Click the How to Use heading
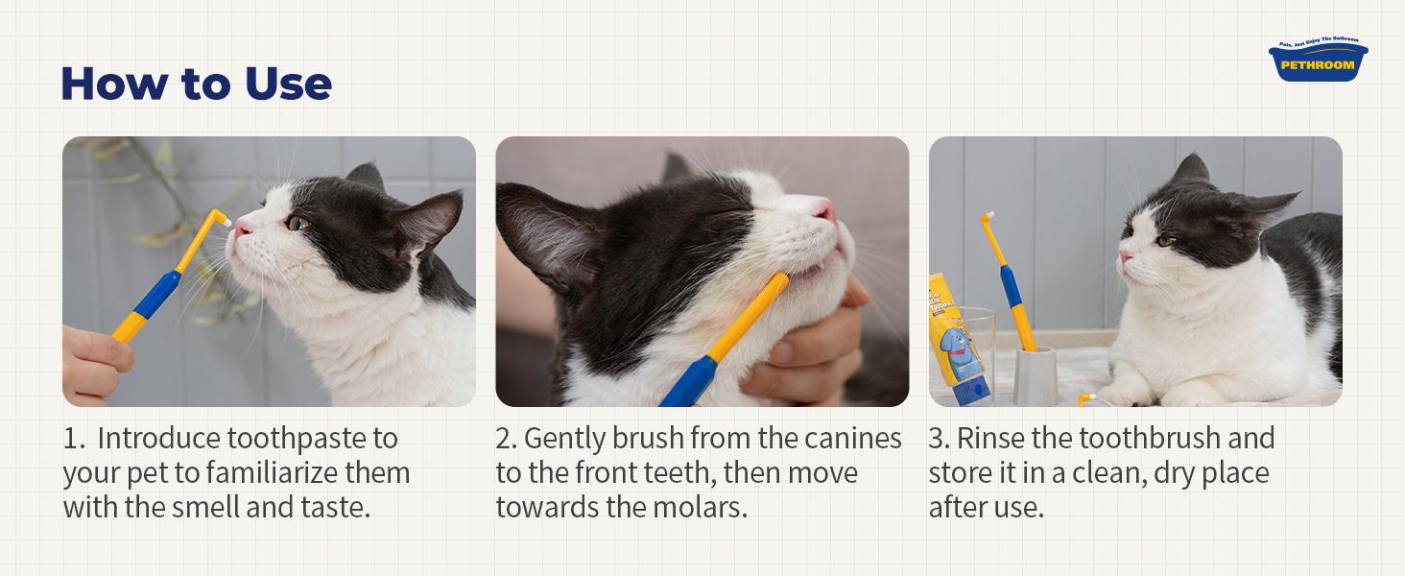pyautogui.click(x=196, y=84)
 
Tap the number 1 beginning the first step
pyautogui.click(x=70, y=439)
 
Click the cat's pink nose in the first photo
pyautogui.click(x=244, y=226)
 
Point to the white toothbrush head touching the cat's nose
pyautogui.click(x=226, y=221)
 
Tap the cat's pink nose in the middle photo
pyautogui.click(x=823, y=208)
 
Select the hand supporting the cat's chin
pyautogui.click(x=816, y=355)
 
